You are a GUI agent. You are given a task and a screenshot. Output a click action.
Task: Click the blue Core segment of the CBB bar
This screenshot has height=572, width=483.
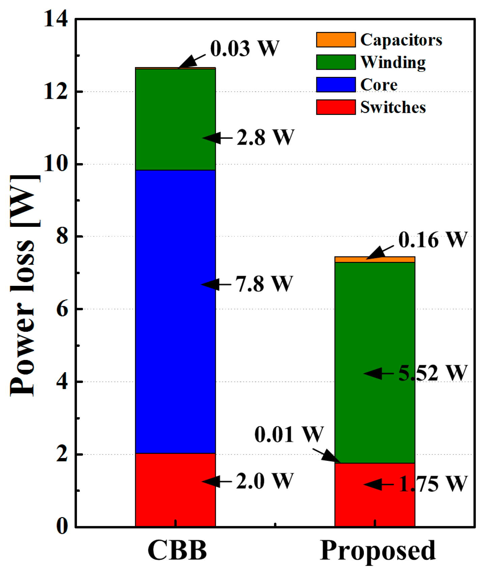click(175, 311)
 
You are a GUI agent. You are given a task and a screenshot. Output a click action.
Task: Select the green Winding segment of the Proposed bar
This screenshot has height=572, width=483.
click(374, 363)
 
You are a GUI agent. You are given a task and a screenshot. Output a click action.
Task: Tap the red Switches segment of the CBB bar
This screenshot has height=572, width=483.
click(175, 490)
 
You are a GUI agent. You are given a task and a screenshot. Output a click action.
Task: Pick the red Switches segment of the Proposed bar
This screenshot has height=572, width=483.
click(374, 494)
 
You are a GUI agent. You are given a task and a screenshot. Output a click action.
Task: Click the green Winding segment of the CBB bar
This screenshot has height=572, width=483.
click(175, 119)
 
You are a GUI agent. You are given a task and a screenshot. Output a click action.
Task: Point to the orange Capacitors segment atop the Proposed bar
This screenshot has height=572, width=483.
click(374, 260)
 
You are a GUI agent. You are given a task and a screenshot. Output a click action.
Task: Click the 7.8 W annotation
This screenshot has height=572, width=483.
click(264, 284)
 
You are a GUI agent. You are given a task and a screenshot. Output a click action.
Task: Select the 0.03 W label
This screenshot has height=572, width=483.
click(245, 49)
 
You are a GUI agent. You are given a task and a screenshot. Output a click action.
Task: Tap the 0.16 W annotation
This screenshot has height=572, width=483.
click(433, 240)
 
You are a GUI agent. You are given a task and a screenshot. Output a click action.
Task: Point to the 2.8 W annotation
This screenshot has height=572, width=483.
click(265, 138)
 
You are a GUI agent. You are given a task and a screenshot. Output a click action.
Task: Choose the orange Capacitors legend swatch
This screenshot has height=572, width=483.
click(336, 40)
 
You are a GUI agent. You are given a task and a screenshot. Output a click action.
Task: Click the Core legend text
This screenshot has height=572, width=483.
click(379, 85)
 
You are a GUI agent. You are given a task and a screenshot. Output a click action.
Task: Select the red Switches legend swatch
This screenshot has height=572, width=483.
click(336, 107)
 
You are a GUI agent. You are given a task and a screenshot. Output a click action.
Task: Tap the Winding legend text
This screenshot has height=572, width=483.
click(393, 62)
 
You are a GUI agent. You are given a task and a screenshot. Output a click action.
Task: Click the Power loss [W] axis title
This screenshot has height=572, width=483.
click(24, 286)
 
